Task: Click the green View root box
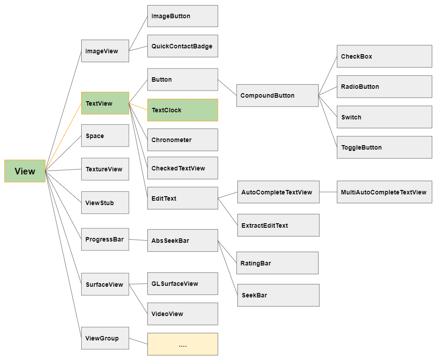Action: coord(25,171)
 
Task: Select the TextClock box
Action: coord(183,110)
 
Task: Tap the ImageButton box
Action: coord(183,16)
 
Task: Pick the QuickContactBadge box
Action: coord(183,46)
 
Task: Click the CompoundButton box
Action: coord(277,95)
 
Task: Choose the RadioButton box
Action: coord(384,87)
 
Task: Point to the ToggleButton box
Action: coord(384,147)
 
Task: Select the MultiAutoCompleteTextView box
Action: coord(384,192)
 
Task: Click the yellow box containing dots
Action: coord(183,344)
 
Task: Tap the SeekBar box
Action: coord(279,295)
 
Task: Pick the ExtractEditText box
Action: coord(279,225)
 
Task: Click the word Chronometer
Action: coord(171,140)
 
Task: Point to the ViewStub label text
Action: coord(99,203)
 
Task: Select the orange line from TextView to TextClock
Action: coord(138,107)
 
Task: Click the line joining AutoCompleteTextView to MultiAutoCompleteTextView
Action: coord(328,192)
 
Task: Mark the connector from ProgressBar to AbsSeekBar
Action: coord(138,240)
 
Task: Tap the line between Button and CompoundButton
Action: coord(227,87)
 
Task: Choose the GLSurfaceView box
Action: coord(183,284)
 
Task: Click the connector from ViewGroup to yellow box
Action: coord(138,341)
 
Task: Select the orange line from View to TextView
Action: coord(63,137)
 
